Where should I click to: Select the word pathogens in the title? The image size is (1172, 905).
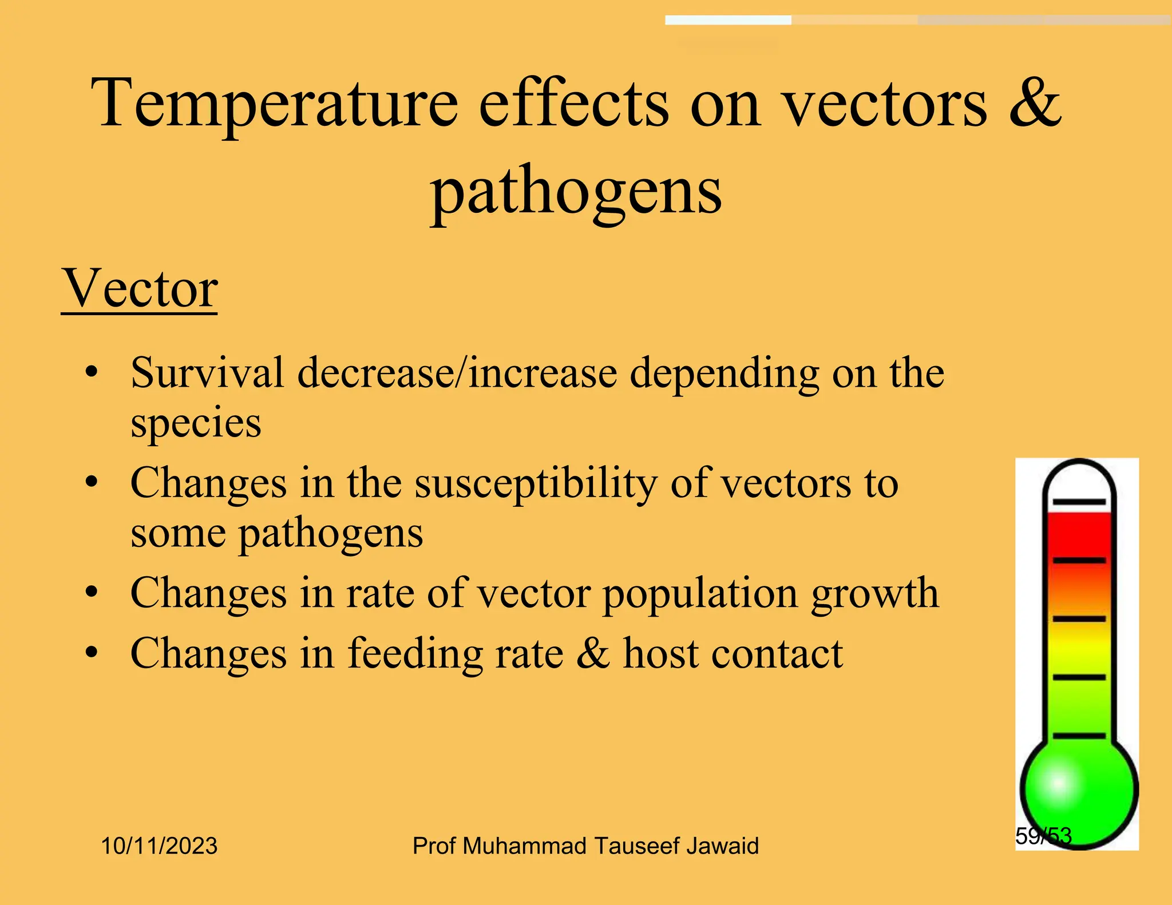point(576,192)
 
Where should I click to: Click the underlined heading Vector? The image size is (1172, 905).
point(140,289)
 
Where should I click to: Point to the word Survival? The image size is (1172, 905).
point(207,373)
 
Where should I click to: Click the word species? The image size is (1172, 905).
point(196,423)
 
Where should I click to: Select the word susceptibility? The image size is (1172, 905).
point(536,484)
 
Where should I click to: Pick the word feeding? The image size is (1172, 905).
point(415,654)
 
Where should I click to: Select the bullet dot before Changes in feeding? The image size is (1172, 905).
point(92,653)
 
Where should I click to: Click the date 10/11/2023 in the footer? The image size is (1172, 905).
point(159,846)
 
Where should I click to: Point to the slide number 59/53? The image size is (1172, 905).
point(1043,836)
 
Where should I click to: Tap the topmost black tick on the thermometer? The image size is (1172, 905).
point(1079,502)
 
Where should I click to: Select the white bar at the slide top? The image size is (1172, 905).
point(728,20)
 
